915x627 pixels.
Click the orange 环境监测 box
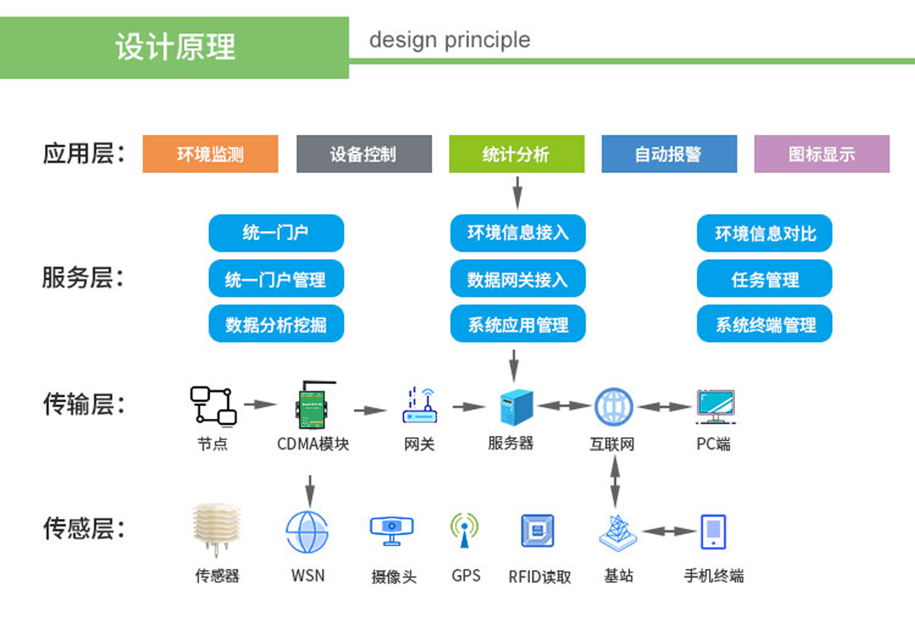[x=210, y=154]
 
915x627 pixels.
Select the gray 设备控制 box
[x=364, y=154]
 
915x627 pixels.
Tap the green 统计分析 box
[x=516, y=154]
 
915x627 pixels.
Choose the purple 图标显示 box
[x=821, y=154]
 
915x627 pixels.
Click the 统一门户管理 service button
[x=276, y=280]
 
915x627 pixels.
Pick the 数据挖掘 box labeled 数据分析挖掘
[x=276, y=325]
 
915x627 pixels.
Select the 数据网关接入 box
[x=518, y=280]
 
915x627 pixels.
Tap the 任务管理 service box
[x=764, y=280]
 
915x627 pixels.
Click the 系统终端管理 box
[x=764, y=325]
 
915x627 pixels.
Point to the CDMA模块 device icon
[x=313, y=405]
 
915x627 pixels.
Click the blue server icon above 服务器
[x=516, y=407]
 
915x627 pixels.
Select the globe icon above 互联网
[x=613, y=407]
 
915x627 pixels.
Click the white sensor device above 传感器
[x=216, y=529]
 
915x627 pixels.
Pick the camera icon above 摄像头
[x=392, y=529]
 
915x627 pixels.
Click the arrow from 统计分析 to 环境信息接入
[x=517, y=192]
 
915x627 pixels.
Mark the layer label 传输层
[x=83, y=405]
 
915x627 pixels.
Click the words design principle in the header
[x=449, y=40]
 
